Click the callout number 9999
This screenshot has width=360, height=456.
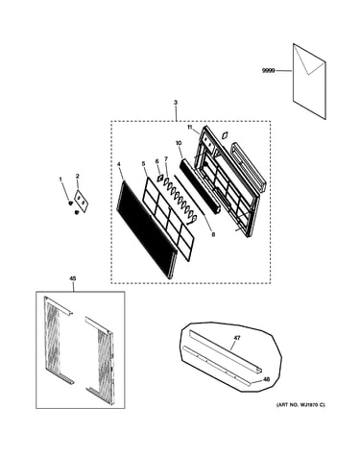coord(269,71)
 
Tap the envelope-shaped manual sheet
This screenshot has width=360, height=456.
coord(309,82)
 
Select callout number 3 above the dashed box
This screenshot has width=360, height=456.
coord(176,103)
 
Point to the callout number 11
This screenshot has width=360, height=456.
coord(190,127)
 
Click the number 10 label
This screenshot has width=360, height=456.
coord(179,142)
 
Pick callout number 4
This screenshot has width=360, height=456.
coord(119,164)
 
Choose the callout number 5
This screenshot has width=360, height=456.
coord(143,163)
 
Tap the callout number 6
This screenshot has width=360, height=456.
coord(157,162)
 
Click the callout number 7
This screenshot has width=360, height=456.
coord(166,158)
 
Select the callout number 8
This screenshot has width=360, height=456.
coord(213,234)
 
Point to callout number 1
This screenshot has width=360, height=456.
coord(60,180)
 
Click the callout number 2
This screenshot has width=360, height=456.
coord(78,176)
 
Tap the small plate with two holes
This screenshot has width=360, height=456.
coord(82,201)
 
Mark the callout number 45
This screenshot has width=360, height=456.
coord(73,278)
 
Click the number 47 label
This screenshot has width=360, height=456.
coord(237,338)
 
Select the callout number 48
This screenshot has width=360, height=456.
coord(266,379)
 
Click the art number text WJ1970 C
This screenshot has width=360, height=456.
coord(300,405)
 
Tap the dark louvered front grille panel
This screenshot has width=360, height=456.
coord(147,229)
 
